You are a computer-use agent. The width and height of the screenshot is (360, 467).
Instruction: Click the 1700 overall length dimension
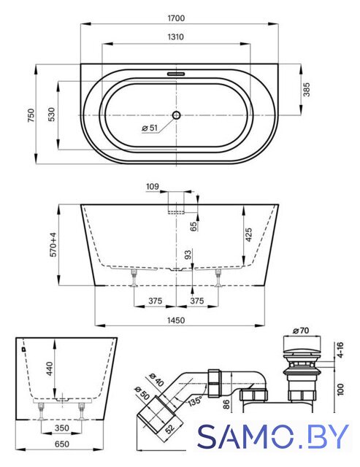tap(176, 18)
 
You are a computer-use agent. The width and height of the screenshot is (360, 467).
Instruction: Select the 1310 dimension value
tap(176, 37)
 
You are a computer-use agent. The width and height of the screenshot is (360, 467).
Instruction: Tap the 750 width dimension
tap(31, 115)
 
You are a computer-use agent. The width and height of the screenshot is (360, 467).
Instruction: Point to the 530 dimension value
tap(52, 115)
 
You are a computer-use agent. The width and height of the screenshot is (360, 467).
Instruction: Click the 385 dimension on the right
tap(307, 90)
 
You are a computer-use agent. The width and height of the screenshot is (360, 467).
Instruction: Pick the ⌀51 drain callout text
tap(150, 128)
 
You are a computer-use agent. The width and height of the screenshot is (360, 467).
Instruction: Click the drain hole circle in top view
tap(177, 115)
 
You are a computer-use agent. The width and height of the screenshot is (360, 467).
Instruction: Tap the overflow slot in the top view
tap(176, 73)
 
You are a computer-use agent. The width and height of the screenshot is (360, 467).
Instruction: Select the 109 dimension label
tap(153, 187)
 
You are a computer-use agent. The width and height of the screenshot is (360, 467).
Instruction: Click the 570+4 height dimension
tap(53, 244)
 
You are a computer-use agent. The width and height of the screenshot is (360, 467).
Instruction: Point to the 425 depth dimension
tap(249, 235)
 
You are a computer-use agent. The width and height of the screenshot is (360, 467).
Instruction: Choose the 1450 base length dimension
tap(176, 320)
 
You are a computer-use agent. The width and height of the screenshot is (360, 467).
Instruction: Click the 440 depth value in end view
tap(50, 368)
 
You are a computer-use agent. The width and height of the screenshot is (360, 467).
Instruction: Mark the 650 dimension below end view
tap(61, 444)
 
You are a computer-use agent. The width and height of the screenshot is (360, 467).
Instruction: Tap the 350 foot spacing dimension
tap(62, 428)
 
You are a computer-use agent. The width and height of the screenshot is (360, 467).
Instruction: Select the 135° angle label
tap(195, 401)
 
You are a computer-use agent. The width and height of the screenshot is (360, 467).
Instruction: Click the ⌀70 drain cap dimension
tap(301, 331)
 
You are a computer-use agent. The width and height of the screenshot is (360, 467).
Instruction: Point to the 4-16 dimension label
tap(340, 350)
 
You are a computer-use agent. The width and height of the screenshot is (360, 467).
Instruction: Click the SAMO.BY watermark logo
tap(272, 436)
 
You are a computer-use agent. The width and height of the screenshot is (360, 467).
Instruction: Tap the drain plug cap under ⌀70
tap(302, 344)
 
